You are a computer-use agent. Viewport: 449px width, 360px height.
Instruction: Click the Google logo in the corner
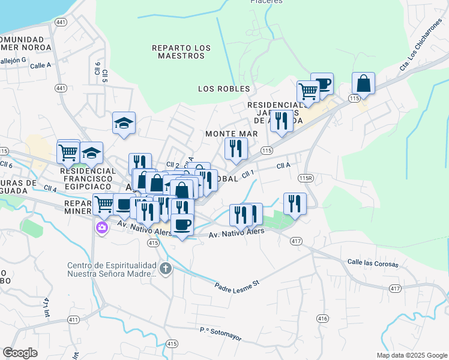coord(20,353)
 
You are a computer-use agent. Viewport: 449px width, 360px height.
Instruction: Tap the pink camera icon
coord(101,227)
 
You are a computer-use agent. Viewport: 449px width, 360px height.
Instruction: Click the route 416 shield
coord(322,318)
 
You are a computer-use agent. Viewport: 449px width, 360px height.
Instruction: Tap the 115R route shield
coord(306,178)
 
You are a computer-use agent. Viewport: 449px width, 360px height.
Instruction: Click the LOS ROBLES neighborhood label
coord(224,89)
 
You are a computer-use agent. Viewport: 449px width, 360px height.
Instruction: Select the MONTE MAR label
coord(231,134)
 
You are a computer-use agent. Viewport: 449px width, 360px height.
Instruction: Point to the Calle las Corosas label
coord(373,262)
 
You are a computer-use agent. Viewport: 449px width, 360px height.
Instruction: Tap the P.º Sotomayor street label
coord(220,334)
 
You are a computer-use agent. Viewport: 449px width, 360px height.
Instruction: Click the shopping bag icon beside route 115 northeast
coord(363,83)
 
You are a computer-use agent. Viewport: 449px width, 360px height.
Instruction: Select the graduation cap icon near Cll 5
coord(124,123)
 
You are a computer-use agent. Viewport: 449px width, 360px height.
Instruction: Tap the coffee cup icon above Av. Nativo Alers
coord(182,225)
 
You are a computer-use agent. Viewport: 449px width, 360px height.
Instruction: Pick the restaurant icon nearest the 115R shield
coord(295,203)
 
